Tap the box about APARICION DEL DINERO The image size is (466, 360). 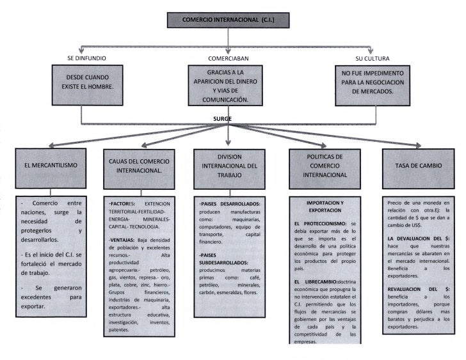point(229,86)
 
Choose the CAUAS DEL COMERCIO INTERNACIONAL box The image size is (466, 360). point(140,165)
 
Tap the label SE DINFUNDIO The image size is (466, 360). point(87,58)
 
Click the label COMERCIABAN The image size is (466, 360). point(229,58)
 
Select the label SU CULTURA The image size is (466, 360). point(372,58)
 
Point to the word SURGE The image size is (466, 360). point(223,118)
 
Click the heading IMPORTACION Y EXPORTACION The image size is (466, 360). point(325,206)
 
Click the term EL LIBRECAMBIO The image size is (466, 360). point(316,282)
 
